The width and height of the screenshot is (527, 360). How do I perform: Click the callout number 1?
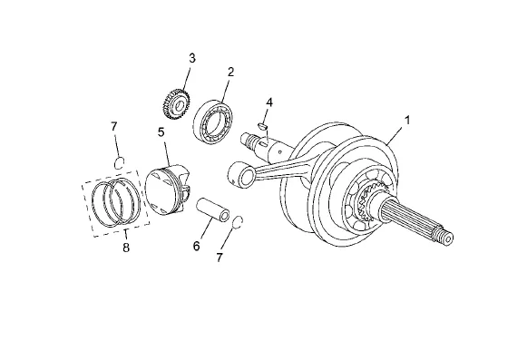[x=407, y=120]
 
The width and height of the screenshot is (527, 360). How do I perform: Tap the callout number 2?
[x=230, y=72]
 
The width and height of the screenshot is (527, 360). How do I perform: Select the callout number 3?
[x=192, y=58]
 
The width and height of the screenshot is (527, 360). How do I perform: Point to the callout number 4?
[x=268, y=102]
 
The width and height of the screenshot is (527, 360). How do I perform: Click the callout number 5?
[x=161, y=132]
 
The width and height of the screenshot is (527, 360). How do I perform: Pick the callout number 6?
[x=196, y=246]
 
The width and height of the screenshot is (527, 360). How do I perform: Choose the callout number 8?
[x=126, y=248]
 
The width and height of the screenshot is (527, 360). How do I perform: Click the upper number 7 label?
[x=114, y=126]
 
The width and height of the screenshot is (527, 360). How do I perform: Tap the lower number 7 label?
[x=220, y=258]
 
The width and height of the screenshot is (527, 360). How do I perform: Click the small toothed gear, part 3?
[x=176, y=104]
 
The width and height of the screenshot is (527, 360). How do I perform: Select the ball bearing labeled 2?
[x=214, y=122]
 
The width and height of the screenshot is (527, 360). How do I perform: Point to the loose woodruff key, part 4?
[x=262, y=126]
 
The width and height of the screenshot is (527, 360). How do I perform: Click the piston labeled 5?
[x=167, y=190]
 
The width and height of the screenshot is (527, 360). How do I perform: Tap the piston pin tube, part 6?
[x=213, y=209]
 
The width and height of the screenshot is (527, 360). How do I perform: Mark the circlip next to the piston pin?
[x=238, y=222]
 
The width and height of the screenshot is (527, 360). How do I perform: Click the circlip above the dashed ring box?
[x=120, y=163]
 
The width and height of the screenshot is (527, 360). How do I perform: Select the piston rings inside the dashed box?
[x=116, y=202]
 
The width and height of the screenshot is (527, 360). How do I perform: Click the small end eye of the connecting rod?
[x=241, y=174]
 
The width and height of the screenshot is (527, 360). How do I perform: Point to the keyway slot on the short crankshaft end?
[x=264, y=144]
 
